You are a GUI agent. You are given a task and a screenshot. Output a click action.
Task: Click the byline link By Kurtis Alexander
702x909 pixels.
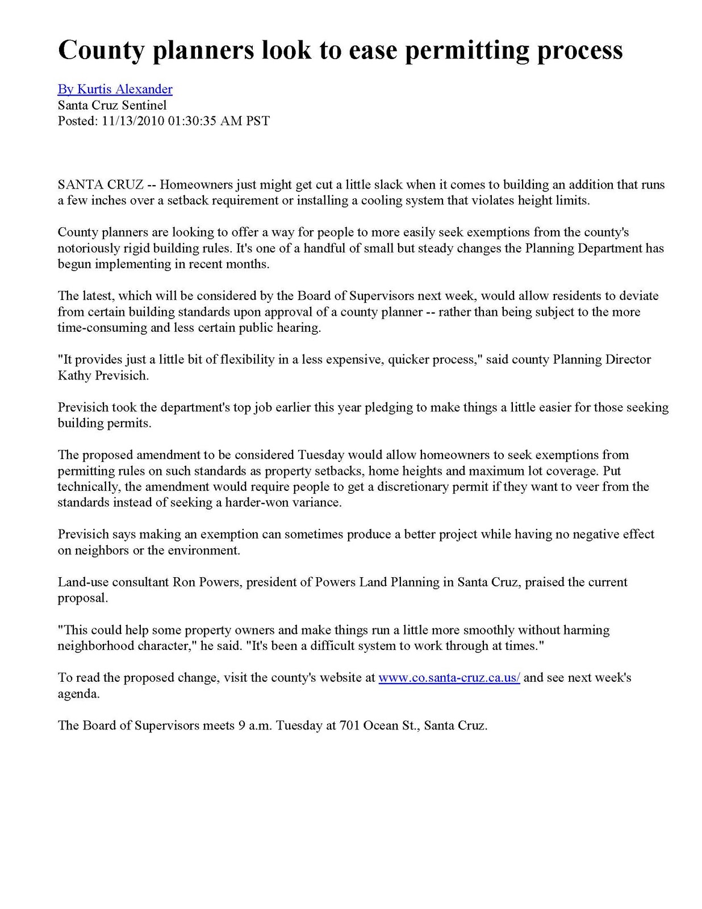coord(115,89)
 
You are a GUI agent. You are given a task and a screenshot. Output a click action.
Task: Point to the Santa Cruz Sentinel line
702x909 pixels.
coord(112,105)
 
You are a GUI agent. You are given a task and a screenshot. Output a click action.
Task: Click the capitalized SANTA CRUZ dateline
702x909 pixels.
coord(101,185)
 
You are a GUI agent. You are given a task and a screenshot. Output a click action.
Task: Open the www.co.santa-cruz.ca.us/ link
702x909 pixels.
coord(449,678)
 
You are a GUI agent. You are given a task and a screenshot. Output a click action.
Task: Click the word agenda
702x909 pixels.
coord(78,694)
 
